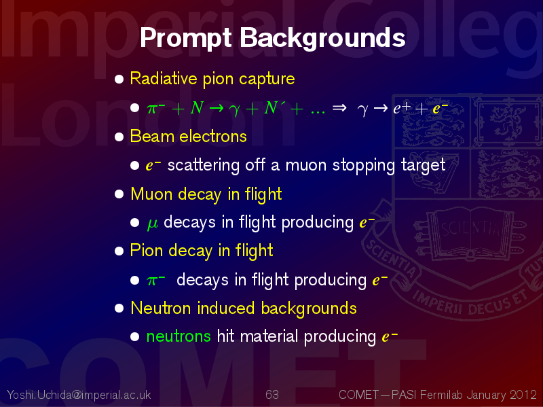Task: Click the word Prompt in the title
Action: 185,38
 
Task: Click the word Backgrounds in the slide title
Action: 322,38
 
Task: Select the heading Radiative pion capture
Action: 212,79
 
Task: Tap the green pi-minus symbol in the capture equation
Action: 155,108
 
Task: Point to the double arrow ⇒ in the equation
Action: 339,108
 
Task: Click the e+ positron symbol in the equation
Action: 402,108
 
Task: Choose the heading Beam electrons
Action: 188,137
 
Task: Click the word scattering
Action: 203,165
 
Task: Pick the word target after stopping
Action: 423,165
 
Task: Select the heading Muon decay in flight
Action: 206,194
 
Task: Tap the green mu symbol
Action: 153,224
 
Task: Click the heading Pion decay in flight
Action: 201,251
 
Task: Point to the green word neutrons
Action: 179,336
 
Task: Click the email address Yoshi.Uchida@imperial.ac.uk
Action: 79,395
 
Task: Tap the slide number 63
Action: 272,395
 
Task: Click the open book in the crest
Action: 471,230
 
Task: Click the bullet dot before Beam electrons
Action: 119,137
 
